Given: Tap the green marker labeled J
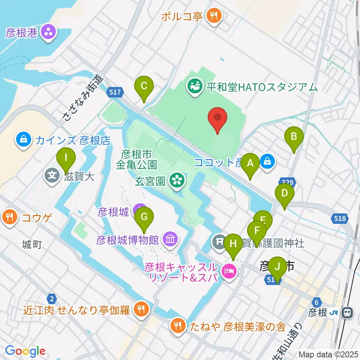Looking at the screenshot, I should click(x=277, y=267).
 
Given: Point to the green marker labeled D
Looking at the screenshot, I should click(x=285, y=194).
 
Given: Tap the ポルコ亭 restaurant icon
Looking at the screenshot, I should click(x=214, y=16).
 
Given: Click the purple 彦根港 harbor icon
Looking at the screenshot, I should click(x=48, y=32).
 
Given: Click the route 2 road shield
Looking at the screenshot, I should click(x=52, y=298).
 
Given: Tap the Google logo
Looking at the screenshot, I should click(x=25, y=351).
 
